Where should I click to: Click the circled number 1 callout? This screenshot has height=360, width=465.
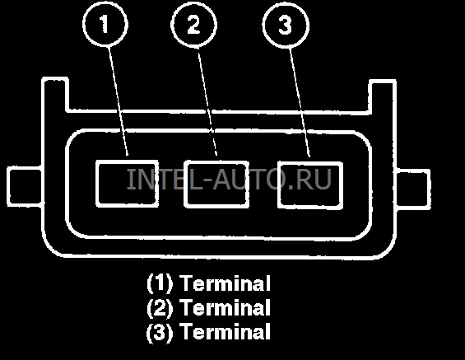point(105,25)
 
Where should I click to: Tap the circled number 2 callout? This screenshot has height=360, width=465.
point(194,25)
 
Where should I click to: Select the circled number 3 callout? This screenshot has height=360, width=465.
point(286,25)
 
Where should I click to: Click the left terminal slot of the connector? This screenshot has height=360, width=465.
point(127,183)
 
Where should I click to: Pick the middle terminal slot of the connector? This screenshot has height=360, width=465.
point(216,184)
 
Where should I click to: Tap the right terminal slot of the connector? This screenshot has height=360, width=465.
point(310,185)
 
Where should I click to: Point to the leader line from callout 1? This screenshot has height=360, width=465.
point(119,101)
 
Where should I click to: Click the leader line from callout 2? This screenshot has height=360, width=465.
point(207,102)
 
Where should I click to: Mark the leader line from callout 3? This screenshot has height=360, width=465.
point(300,102)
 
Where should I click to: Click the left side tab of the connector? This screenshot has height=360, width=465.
point(25,186)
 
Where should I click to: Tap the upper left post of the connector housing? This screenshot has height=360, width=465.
point(55,95)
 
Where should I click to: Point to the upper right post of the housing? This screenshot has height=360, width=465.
point(383,96)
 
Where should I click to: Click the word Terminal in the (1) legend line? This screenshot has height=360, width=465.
point(226,283)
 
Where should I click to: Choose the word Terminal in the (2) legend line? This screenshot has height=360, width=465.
point(226,307)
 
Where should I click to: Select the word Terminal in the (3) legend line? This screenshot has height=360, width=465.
point(226,331)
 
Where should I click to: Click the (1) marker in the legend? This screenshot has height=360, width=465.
point(160,283)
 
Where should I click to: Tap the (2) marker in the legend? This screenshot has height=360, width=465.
point(160,307)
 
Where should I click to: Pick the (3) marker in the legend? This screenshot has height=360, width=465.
point(160,331)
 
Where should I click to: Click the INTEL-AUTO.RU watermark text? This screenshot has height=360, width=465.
point(229,179)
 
